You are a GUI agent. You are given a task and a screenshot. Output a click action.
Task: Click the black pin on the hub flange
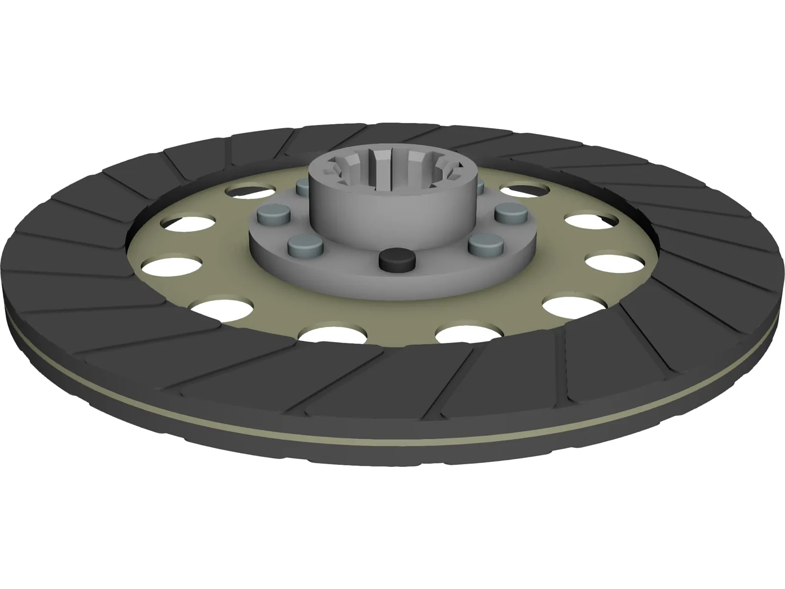click(x=396, y=261)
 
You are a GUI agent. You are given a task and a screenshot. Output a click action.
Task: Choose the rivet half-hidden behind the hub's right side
click(x=479, y=186)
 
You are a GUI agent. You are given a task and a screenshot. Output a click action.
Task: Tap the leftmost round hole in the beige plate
click(x=172, y=266)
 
